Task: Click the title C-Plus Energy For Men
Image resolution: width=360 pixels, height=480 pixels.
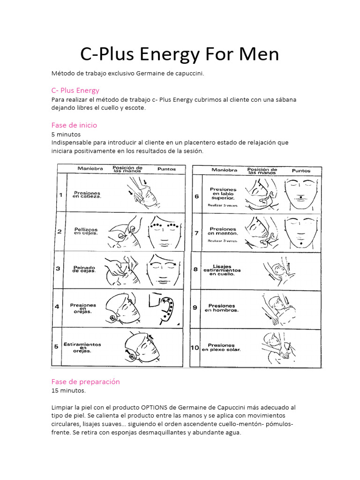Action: click(180, 54)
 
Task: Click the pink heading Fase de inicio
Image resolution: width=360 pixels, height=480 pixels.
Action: click(74, 125)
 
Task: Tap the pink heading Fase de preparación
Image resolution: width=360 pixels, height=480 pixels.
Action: click(86, 382)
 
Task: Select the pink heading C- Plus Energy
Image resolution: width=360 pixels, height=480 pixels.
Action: click(75, 90)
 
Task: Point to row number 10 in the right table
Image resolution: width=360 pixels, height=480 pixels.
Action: click(195, 348)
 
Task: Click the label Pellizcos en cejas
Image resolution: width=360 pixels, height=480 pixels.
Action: click(85, 231)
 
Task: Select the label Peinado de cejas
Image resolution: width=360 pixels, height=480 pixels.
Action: click(84, 269)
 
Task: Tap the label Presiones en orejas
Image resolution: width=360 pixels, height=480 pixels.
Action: click(83, 308)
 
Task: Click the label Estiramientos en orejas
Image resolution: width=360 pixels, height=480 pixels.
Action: click(82, 347)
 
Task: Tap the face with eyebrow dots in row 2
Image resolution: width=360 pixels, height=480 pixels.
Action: click(164, 231)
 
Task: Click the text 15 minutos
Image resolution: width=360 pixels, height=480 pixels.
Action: click(69, 390)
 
